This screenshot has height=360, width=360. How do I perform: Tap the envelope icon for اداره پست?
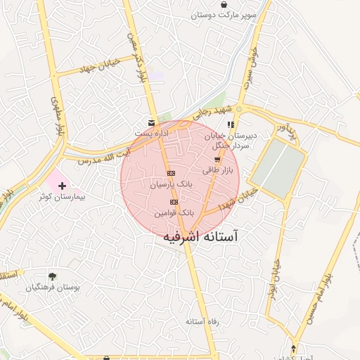pyautogui.click(x=152, y=122)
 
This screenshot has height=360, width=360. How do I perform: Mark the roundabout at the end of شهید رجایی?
pyautogui.click(x=239, y=109)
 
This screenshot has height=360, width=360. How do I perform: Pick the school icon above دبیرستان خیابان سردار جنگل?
pyautogui.click(x=231, y=124)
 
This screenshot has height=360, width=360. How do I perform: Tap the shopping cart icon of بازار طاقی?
pyautogui.click(x=217, y=160)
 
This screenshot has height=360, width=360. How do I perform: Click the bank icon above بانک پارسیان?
pyautogui.click(x=170, y=173)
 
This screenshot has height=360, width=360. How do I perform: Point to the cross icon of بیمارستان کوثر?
pyautogui.click(x=63, y=186)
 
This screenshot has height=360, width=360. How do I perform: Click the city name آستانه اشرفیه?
pyautogui.click(x=200, y=238)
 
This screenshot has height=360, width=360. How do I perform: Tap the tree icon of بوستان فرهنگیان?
pyautogui.click(x=52, y=276)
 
